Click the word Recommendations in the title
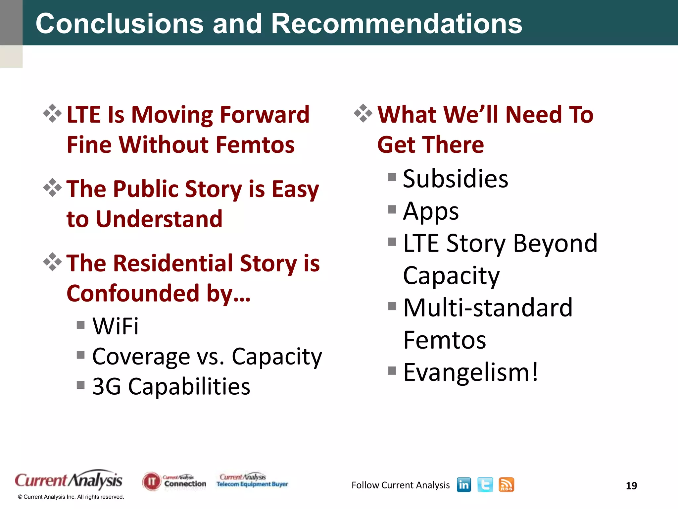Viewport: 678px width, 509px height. click(x=396, y=24)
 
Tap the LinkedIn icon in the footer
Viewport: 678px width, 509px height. click(x=463, y=485)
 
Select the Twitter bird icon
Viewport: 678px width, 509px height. click(x=485, y=485)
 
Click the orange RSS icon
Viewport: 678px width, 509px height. click(x=506, y=485)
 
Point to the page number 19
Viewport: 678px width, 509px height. click(x=631, y=486)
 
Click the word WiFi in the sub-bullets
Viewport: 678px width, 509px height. click(x=115, y=326)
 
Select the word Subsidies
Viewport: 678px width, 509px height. click(x=455, y=179)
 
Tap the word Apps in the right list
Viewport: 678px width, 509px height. click(x=431, y=211)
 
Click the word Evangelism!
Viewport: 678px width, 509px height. click(x=470, y=372)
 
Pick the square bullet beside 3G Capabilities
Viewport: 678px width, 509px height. click(x=80, y=385)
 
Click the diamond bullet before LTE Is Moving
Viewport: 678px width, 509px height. click(x=52, y=113)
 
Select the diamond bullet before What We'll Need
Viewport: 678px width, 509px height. click(x=363, y=113)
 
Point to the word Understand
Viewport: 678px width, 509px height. click(x=159, y=219)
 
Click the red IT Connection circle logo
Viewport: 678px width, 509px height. click(x=151, y=481)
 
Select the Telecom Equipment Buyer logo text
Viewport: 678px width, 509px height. click(x=252, y=484)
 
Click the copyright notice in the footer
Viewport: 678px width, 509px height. click(x=71, y=497)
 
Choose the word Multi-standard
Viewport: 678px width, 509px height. click(x=488, y=308)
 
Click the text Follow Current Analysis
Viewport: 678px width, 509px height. click(x=400, y=485)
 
